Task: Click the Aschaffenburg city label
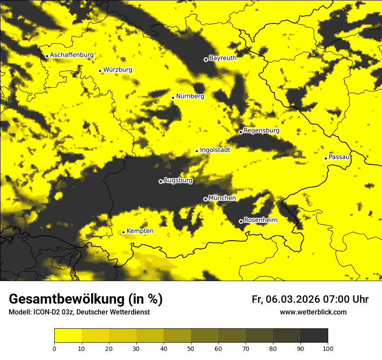coord(72,55)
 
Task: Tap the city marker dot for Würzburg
coord(100,71)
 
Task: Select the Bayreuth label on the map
coord(223,58)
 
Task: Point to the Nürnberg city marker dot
coord(173,98)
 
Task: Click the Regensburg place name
coord(261,130)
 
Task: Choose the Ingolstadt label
coord(215,150)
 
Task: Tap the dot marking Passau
coord(326,158)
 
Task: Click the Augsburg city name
coord(178,180)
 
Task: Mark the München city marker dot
coord(205,199)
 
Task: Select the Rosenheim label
coord(260,220)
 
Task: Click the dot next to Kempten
coord(123,232)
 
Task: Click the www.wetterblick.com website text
coord(313,312)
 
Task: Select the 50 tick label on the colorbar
coord(191,348)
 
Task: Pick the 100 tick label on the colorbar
coord(328,348)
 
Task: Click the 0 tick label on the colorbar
coord(54,348)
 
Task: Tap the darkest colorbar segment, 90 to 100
coord(314,336)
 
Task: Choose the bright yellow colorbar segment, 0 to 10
coord(68,336)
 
